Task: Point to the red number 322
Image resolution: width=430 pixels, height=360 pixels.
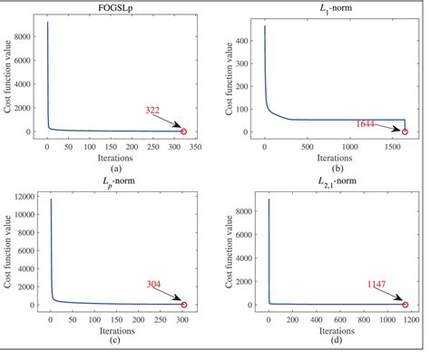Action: click(152, 110)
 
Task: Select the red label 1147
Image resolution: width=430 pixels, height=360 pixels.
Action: click(376, 283)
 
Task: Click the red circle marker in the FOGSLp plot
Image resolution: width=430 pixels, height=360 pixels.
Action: click(183, 131)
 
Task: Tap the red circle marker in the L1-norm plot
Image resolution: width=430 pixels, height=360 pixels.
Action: click(405, 131)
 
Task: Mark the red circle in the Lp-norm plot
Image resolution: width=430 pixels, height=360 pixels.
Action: click(183, 305)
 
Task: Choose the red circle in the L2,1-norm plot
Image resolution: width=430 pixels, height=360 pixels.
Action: click(405, 305)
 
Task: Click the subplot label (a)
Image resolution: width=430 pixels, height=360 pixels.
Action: click(115, 169)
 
